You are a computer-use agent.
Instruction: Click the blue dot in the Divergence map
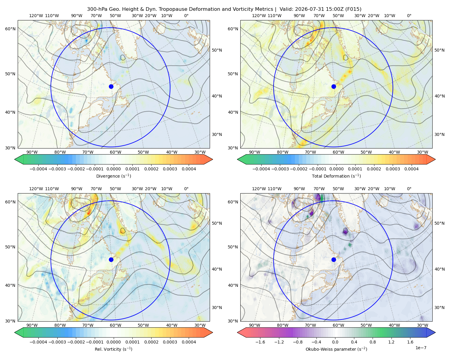pos(111,86)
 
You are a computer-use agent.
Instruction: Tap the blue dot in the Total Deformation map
pos(334,86)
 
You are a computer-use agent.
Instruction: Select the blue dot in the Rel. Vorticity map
pos(111,259)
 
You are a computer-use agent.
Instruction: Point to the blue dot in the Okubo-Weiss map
pos(334,259)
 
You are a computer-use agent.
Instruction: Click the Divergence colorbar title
pos(113,176)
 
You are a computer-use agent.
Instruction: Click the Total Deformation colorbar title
pos(336,176)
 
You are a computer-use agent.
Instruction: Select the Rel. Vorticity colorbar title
pos(113,349)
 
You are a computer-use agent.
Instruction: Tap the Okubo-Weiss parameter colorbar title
pos(336,349)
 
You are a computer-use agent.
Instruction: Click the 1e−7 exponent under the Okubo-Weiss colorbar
pos(421,348)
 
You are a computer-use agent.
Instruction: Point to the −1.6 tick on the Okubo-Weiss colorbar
pos(260,342)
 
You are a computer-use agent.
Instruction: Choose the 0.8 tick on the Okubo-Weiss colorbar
pos(373,342)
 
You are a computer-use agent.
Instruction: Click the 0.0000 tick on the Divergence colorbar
pos(113,169)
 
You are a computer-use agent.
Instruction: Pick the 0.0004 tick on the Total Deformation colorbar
pos(411,169)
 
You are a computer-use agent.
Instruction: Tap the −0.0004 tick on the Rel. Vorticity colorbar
pos(38,342)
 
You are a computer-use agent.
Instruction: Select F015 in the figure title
pos(353,9)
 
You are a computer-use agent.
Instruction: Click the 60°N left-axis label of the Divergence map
pos(10,29)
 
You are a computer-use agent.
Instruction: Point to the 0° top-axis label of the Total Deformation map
pos(409,16)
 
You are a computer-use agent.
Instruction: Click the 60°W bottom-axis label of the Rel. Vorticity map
pos(115,325)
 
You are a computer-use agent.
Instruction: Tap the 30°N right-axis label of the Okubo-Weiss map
pos(439,307)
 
